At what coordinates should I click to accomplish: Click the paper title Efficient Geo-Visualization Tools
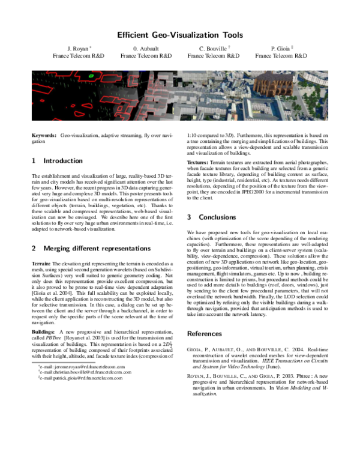180,35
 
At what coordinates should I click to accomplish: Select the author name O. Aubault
146,48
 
